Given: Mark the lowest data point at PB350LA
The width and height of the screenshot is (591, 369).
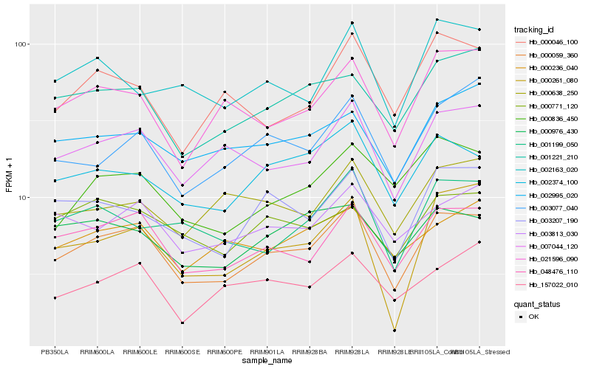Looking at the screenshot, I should [55, 297].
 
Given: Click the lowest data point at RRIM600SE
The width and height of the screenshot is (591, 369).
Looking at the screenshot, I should [182, 323].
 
